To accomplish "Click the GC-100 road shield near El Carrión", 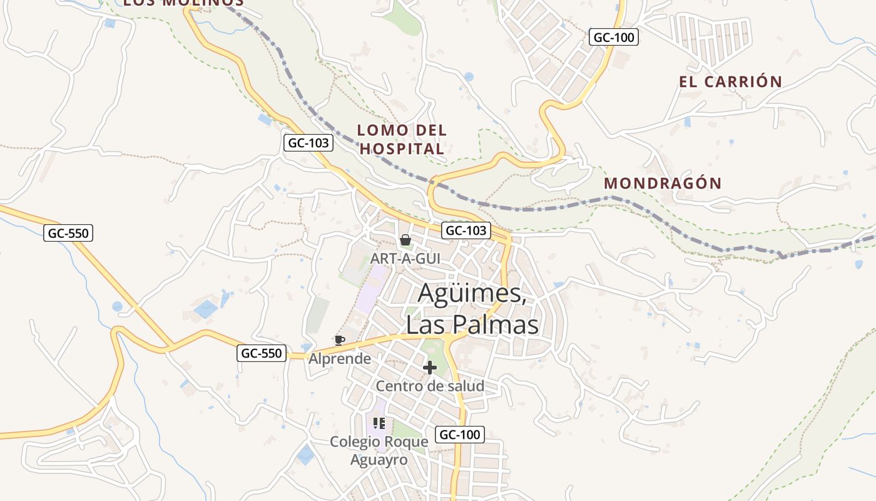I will [x=613, y=38].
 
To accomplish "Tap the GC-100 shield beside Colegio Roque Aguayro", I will [x=459, y=435].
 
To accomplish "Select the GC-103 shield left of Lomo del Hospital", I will [x=308, y=143].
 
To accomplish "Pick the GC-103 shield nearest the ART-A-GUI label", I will [x=466, y=230].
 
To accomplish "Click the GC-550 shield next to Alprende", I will [x=262, y=353].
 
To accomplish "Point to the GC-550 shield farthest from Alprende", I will [x=69, y=234].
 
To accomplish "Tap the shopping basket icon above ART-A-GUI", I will [x=405, y=240].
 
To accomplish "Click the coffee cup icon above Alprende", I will [x=339, y=340].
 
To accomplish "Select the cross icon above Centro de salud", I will [x=430, y=368].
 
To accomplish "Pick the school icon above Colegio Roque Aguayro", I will [x=379, y=424].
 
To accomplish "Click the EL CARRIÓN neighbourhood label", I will [x=730, y=82].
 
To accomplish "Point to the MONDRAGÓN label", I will [x=663, y=183].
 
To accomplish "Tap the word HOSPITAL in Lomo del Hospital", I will [x=402, y=149].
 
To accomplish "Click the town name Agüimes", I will [x=472, y=293].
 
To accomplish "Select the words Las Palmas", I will [x=472, y=325].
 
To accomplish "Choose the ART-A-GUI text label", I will [x=405, y=258].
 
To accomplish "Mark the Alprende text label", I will [x=340, y=359].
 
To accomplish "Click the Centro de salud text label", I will [x=430, y=386].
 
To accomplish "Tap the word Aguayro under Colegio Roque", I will [x=379, y=460].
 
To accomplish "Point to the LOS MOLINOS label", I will [x=183, y=3].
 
